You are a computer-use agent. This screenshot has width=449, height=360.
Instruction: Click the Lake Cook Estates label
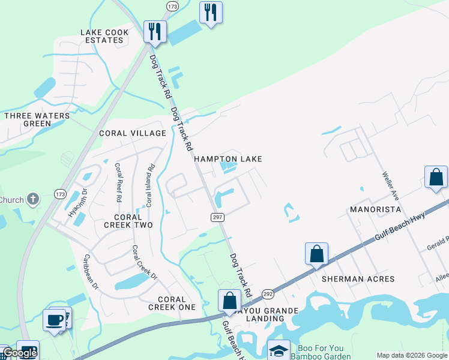[101, 36]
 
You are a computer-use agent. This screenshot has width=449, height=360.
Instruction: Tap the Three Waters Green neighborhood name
[28, 119]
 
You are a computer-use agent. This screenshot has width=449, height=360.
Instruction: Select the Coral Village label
[132, 133]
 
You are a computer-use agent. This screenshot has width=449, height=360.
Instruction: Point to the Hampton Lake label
[228, 159]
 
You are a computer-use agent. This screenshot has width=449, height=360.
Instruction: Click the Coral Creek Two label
[128, 221]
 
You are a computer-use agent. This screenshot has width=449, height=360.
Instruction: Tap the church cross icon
[33, 198]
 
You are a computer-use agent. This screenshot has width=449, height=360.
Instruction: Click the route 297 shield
[218, 217]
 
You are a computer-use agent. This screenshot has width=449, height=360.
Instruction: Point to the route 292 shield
[267, 294]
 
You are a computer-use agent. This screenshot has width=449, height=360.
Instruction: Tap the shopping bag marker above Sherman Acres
[316, 253]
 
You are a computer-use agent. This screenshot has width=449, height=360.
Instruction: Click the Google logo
[19, 353]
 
